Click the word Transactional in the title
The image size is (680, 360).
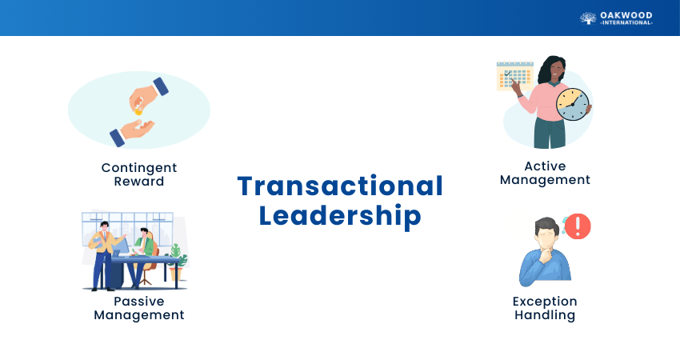340,186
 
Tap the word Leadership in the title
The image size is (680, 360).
340,216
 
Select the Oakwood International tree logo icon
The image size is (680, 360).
588,18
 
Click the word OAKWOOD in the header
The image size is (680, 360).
626,16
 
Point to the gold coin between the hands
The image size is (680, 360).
138,111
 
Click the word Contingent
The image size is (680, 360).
139,168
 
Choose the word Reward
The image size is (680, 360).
139,182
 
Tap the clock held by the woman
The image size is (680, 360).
573,105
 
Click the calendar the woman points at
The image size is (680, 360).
514,76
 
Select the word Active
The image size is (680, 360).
545,166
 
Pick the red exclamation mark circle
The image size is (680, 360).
578,226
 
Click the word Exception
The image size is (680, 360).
545,302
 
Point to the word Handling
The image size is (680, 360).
545,315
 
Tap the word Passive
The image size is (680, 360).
139,302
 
